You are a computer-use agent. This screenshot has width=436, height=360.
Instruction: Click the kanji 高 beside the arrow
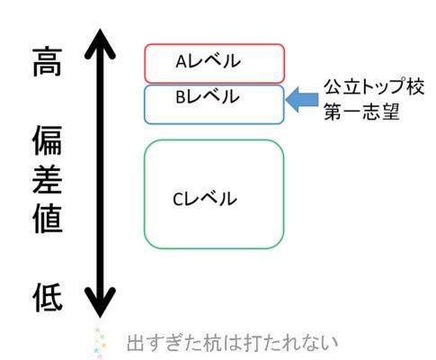coord(47,61)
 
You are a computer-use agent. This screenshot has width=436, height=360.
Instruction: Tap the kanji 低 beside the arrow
coord(48,297)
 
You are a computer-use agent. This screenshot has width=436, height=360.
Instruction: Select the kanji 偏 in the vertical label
coord(47,140)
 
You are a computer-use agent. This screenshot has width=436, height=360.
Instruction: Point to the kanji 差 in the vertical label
coord(47,180)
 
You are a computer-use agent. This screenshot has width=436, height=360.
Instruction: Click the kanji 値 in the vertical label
coord(48,219)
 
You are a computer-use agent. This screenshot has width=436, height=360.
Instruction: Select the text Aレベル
coord(208,61)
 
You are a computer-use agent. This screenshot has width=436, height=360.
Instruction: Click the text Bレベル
coord(208,96)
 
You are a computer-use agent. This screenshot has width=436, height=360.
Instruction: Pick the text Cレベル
coord(205,199)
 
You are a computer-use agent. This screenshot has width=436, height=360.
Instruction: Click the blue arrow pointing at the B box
coord(302,100)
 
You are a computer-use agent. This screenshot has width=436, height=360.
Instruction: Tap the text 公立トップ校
coord(374,87)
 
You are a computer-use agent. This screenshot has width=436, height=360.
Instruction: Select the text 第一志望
coord(361,112)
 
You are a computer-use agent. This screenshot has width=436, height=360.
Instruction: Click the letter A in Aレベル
coord(182,62)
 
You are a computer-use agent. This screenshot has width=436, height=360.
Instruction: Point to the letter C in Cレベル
coord(178,199)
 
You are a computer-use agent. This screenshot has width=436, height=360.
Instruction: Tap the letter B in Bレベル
coord(181,97)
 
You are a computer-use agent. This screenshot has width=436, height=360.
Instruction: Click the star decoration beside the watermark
coord(101,343)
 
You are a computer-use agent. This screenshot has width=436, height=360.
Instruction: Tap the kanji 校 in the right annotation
coord(415,87)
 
